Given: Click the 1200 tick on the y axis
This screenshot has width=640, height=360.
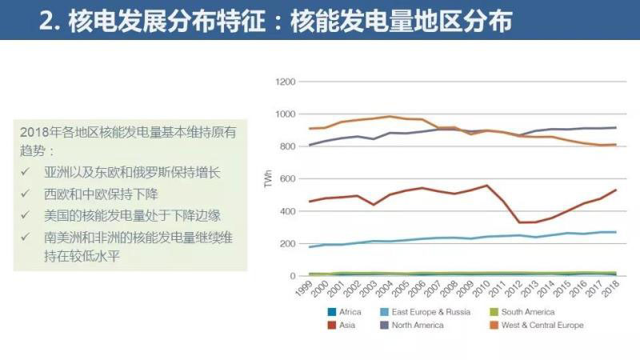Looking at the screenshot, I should pyautogui.click(x=286, y=82).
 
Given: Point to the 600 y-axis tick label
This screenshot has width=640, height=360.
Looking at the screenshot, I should pyautogui.click(x=288, y=179).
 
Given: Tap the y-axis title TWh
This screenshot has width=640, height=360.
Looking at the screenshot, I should pyautogui.click(x=269, y=179).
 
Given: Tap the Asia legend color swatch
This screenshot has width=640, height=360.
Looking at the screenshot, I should pyautogui.click(x=331, y=326).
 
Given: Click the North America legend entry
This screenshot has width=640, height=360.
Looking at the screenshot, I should pyautogui.click(x=417, y=326).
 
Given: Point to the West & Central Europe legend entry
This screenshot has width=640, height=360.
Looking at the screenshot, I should pyautogui.click(x=542, y=326).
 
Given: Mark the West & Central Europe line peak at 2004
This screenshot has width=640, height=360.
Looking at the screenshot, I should pyautogui.click(x=389, y=117).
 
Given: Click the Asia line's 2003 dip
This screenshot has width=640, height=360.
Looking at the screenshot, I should pyautogui.click(x=374, y=205).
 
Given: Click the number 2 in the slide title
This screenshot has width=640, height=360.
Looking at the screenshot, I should pyautogui.click(x=46, y=21).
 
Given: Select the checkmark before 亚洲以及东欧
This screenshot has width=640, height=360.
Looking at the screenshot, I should pyautogui.click(x=26, y=172).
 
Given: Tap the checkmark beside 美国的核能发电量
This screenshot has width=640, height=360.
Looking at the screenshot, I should pyautogui.click(x=26, y=216).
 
